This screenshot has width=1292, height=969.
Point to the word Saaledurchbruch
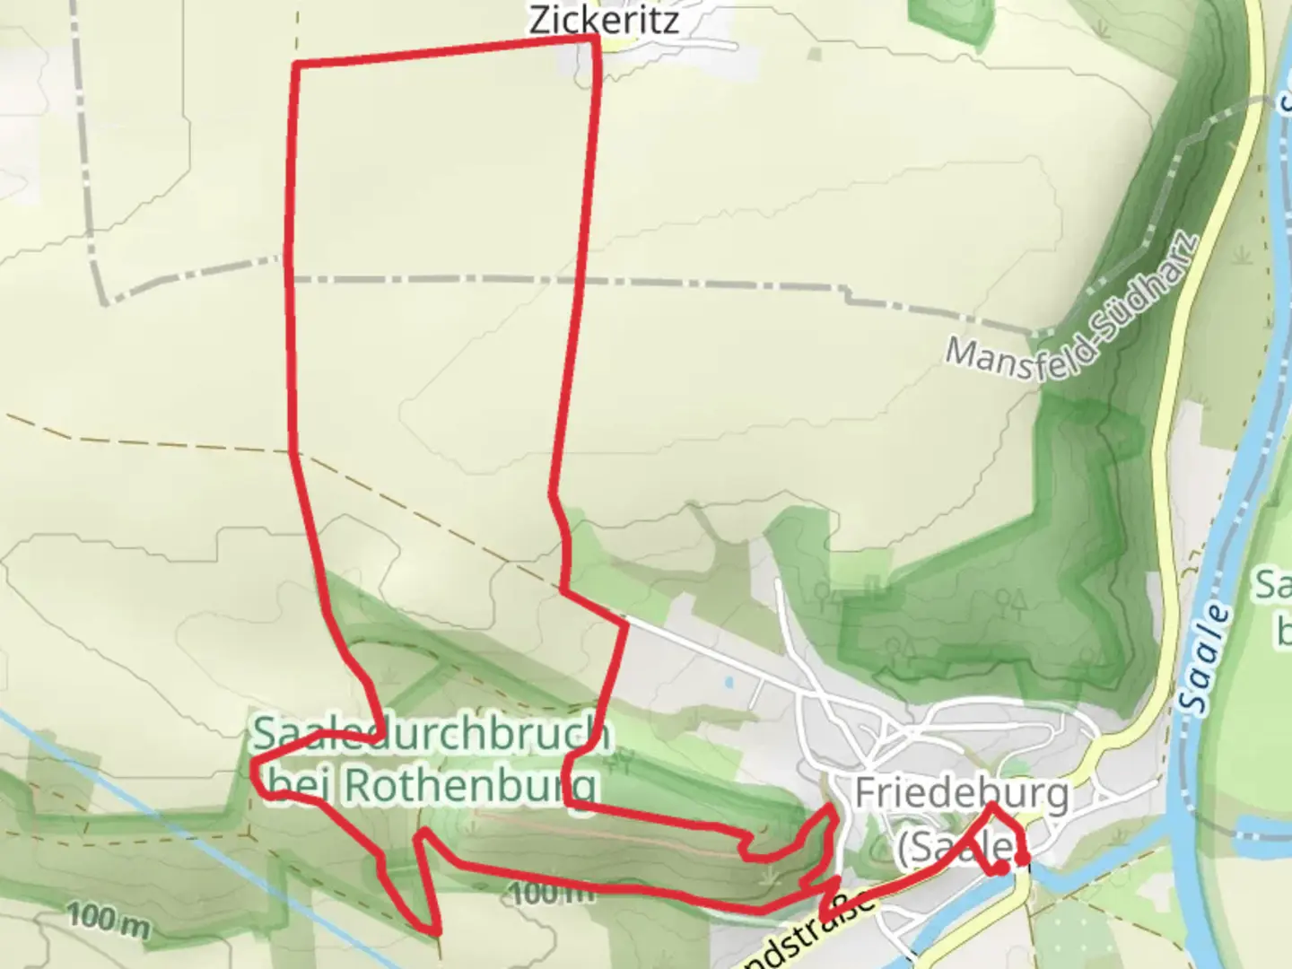click(431, 734)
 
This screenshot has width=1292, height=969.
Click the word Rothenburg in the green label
click(470, 785)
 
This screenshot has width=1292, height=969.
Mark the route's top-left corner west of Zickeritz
click(296, 65)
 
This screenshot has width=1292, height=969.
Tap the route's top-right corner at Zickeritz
click(596, 39)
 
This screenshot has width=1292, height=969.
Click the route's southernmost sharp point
click(437, 931)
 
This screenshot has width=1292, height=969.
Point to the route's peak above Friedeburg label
click(991, 805)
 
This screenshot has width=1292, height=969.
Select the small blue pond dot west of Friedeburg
click(729, 682)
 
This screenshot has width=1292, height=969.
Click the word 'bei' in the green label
click(301, 785)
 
